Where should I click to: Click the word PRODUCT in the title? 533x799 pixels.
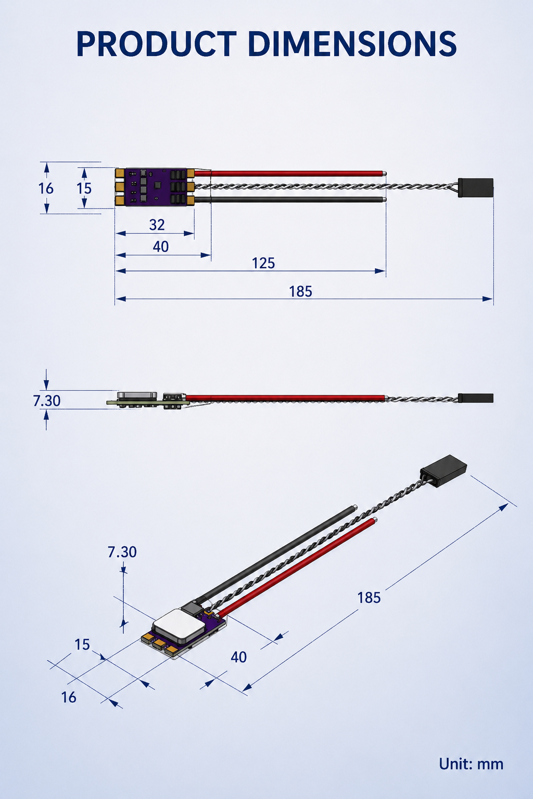[156, 44]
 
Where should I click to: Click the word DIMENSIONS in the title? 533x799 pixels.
[352, 44]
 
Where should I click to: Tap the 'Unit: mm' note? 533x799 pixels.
[471, 764]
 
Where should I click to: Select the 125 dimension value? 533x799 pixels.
[263, 263]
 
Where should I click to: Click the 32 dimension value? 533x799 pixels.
[157, 225]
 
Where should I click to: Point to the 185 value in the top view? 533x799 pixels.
[301, 291]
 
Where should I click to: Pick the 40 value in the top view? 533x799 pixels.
[161, 247]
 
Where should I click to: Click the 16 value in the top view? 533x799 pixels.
[46, 188]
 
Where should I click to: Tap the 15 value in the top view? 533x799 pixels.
[84, 188]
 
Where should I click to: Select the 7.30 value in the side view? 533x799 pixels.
[47, 401]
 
